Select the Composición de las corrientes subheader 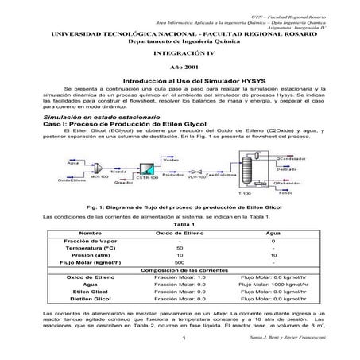pyautogui.click(x=180, y=269)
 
